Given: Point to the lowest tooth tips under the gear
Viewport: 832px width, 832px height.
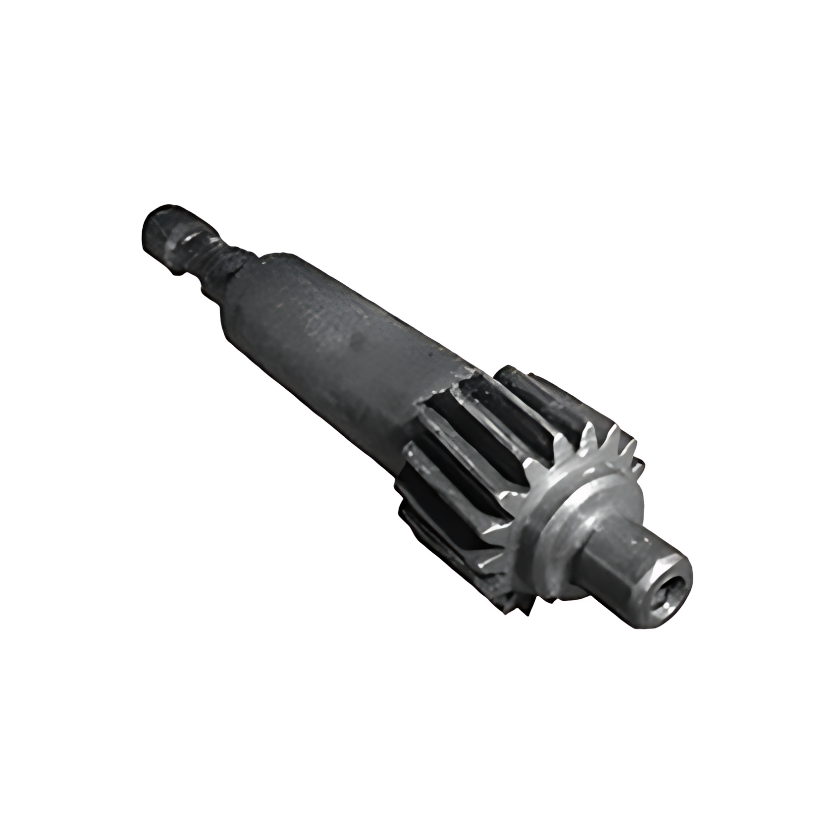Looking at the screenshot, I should coord(515,609).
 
